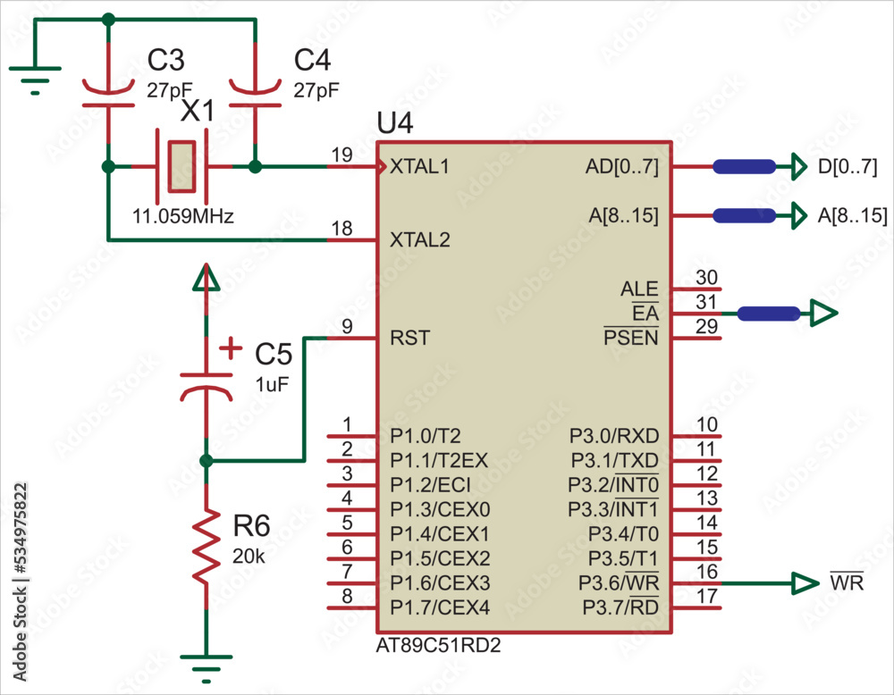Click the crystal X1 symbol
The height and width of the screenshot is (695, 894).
pyautogui.click(x=181, y=166)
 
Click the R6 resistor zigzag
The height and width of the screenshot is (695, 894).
pyautogui.click(x=207, y=546)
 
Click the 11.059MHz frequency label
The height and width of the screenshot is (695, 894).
pyautogui.click(x=182, y=216)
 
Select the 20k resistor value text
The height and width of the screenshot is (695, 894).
pyautogui.click(x=249, y=555)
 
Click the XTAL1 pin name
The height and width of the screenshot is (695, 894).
pyautogui.click(x=419, y=167)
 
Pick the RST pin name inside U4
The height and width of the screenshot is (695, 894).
pyautogui.click(x=409, y=339)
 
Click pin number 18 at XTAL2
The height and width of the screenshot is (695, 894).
pyautogui.click(x=342, y=229)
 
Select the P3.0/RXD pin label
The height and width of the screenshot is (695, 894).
pyautogui.click(x=614, y=436)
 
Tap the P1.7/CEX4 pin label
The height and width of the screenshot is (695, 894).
pyautogui.click(x=440, y=608)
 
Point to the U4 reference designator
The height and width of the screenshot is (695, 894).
pyautogui.click(x=395, y=124)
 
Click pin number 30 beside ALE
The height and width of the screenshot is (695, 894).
pyautogui.click(x=707, y=278)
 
